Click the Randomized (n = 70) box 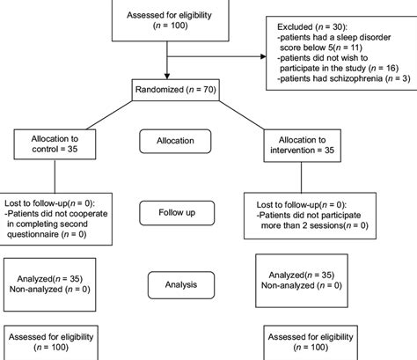pyautogui.click(x=170, y=90)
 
